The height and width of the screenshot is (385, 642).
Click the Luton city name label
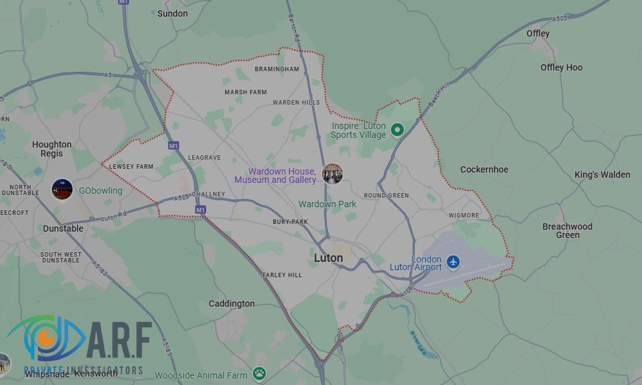328,258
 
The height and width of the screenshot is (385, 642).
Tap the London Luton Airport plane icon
454,262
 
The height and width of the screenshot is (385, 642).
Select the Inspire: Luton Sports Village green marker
397,130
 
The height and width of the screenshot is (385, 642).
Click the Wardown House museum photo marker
332,173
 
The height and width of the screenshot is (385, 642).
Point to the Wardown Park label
327,204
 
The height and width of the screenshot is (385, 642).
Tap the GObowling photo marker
62,190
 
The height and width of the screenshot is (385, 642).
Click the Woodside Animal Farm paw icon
259,373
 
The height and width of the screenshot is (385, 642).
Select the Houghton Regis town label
52,149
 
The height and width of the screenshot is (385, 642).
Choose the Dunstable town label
63,228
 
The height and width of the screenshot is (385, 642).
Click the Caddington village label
232,304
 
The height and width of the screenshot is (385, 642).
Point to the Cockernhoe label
484,169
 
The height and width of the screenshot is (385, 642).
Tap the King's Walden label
602,175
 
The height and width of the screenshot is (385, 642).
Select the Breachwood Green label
568,230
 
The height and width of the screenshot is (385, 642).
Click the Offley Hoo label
561,67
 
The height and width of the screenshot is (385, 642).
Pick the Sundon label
173,13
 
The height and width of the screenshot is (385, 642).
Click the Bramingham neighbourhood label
277,69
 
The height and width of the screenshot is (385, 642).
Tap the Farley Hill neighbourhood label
282,275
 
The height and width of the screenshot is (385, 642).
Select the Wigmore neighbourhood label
464,216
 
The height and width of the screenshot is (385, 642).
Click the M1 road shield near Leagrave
173,146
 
